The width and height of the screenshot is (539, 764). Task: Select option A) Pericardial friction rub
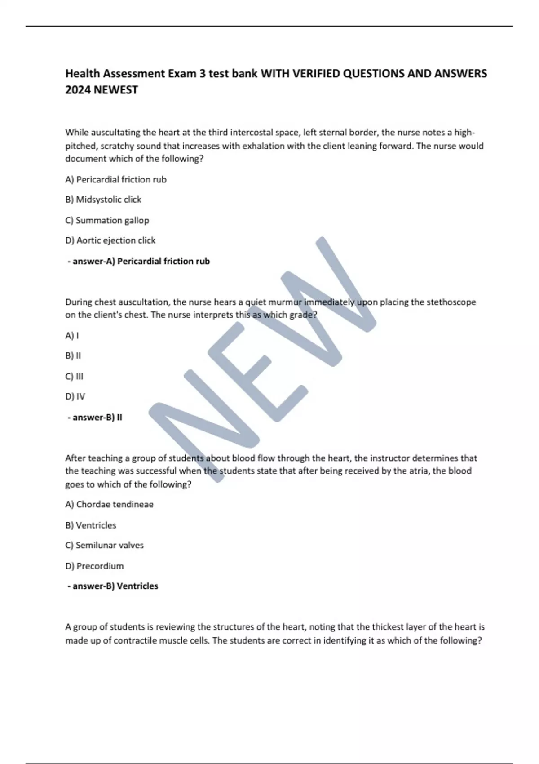(x=116, y=179)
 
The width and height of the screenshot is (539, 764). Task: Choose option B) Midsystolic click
(x=103, y=200)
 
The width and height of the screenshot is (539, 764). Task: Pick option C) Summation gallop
(x=107, y=220)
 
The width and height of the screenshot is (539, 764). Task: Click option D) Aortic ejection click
(x=110, y=240)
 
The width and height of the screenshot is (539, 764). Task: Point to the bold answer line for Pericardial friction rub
(x=139, y=261)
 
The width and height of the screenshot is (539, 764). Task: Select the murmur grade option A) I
(x=72, y=336)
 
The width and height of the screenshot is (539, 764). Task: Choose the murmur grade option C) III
(x=74, y=376)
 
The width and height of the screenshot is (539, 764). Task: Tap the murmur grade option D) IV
(x=75, y=396)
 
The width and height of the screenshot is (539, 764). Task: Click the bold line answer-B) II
(x=95, y=417)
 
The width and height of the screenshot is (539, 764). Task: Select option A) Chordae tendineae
(x=109, y=504)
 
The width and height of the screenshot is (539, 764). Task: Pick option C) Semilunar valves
(x=104, y=545)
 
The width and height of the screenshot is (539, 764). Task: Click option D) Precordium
(x=94, y=566)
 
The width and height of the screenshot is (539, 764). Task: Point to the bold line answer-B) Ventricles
(x=113, y=586)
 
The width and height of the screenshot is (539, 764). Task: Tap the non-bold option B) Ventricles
(x=91, y=525)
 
